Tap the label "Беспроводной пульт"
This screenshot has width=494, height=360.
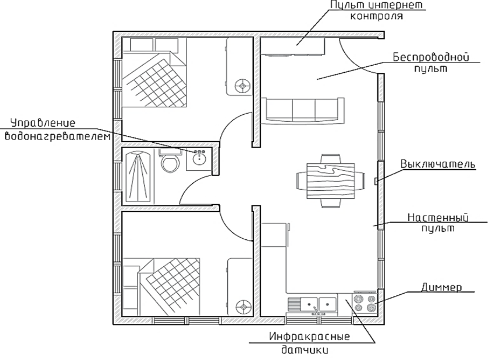tap(429, 62)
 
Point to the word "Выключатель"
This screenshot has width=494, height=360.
tap(437, 163)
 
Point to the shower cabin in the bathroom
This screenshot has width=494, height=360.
tap(138, 176)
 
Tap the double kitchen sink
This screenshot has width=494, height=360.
tap(319, 305)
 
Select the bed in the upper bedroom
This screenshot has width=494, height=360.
tap(156, 76)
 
